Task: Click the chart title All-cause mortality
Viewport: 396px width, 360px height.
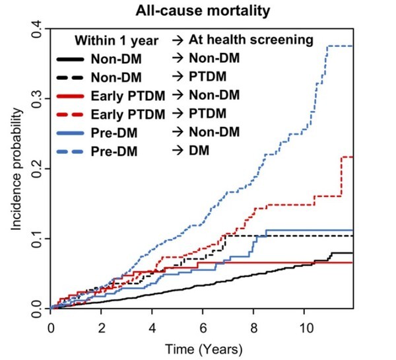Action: point(203,11)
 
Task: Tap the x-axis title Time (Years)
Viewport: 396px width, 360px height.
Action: point(204,349)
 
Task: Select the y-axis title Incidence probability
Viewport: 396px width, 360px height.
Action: point(16,169)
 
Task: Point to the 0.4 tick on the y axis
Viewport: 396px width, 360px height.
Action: point(37,29)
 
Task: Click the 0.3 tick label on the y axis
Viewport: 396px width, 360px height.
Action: point(37,99)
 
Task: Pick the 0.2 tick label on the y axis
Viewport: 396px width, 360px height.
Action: point(37,168)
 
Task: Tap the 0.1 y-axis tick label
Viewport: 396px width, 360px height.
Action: point(37,238)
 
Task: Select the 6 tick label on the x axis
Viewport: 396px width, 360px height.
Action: point(203,328)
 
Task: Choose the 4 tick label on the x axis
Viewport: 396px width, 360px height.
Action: point(152,328)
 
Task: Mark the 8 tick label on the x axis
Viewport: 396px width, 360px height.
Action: point(253,328)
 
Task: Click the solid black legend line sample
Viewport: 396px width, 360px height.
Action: point(70,59)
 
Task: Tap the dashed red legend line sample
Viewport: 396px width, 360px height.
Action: point(70,115)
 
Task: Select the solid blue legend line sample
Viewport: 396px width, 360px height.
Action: point(70,133)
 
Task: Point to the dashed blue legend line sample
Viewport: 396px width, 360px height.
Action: point(70,152)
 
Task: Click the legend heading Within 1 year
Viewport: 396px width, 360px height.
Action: point(116,41)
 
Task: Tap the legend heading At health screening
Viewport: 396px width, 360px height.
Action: point(251,40)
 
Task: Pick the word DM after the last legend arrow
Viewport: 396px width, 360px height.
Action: point(199,151)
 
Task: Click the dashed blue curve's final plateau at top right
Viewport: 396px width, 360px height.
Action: point(340,46)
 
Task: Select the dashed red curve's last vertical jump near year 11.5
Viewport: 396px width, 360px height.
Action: point(341,177)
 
